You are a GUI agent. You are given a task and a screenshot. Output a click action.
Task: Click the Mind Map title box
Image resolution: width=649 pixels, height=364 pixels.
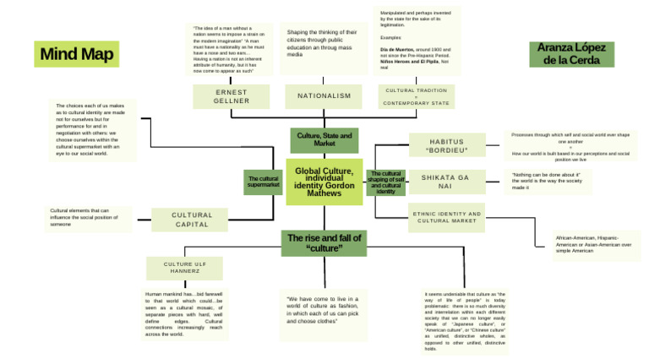point(76,55)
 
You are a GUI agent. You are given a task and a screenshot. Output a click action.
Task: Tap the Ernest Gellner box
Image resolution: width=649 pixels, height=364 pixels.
point(232,96)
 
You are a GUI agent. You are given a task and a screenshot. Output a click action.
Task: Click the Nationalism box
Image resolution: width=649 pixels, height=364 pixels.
point(324,96)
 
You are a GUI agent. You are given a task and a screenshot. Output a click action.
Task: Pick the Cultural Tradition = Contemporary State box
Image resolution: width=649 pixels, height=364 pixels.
point(416,96)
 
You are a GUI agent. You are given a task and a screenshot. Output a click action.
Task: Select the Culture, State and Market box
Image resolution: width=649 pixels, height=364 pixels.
point(324,139)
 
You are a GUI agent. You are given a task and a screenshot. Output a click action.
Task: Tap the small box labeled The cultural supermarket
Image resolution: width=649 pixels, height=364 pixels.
point(263,182)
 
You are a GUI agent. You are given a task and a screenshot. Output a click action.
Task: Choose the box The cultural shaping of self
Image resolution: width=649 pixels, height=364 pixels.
point(386,182)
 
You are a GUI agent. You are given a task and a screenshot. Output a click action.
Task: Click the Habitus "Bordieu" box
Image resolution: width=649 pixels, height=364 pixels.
point(447,145)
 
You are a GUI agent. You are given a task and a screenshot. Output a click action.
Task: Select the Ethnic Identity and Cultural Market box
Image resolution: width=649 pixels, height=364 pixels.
point(447,217)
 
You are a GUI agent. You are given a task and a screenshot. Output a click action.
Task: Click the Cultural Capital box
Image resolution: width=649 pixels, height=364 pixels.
point(192,220)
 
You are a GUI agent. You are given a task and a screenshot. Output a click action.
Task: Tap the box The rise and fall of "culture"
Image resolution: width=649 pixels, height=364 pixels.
point(324,243)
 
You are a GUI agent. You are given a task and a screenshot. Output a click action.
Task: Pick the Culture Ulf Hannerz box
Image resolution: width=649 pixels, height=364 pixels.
point(185,269)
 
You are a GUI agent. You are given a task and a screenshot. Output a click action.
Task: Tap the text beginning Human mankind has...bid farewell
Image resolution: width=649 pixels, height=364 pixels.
point(183,314)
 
